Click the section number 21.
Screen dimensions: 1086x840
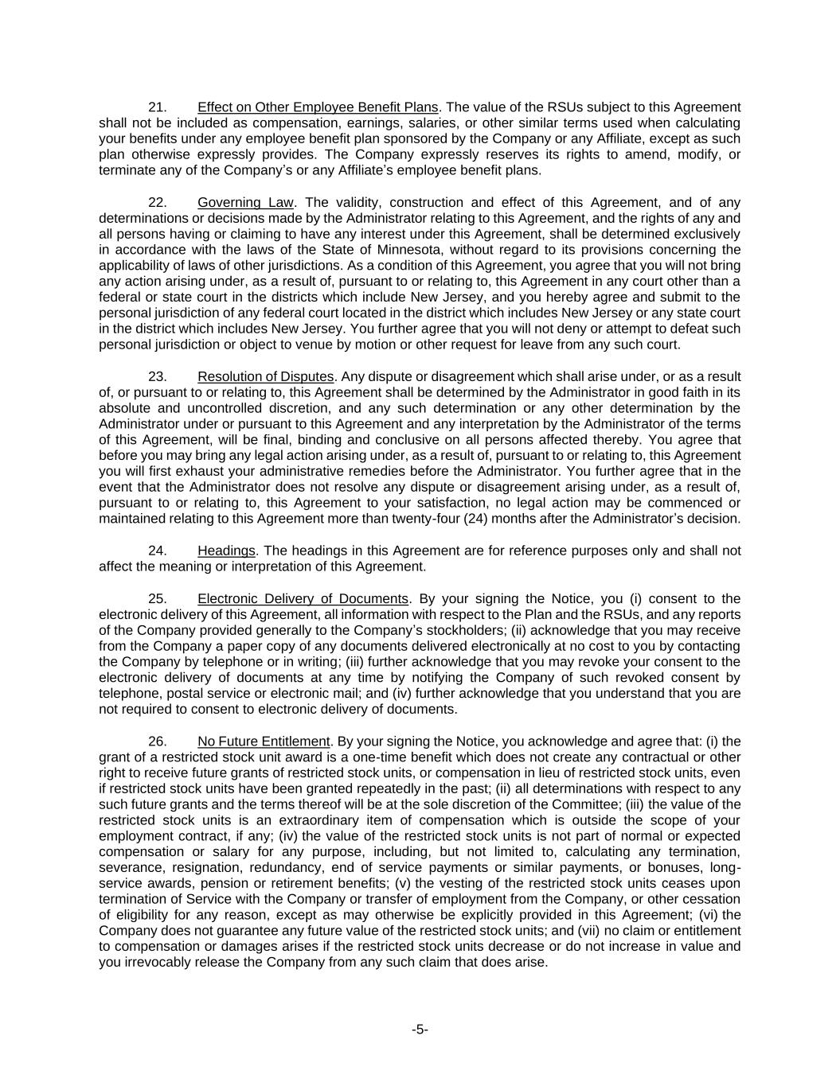pyautogui.click(x=157, y=107)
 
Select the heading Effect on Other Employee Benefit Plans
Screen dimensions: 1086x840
pyautogui.click(x=318, y=107)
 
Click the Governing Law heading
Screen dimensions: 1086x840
pyautogui.click(x=245, y=202)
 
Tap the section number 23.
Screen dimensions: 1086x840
pyautogui.click(x=157, y=376)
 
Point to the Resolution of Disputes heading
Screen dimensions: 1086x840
pyautogui.click(x=265, y=376)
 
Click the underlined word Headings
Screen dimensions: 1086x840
pyautogui.click(x=226, y=551)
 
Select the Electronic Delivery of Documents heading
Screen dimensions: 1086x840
pyautogui.click(x=303, y=598)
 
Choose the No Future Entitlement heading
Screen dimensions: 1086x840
pyautogui.click(x=264, y=742)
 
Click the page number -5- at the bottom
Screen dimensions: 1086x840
pyautogui.click(x=420, y=1030)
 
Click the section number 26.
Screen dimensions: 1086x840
pyautogui.click(x=157, y=742)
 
